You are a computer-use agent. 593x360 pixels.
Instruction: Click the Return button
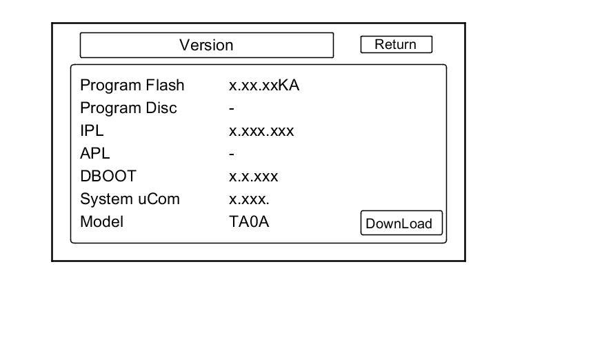pyautogui.click(x=396, y=45)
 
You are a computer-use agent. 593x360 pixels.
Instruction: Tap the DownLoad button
pyautogui.click(x=401, y=223)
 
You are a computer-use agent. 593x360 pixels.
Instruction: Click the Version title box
pyautogui.click(x=206, y=46)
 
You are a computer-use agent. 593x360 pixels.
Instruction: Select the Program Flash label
pyautogui.click(x=132, y=86)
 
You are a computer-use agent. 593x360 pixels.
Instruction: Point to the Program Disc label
pyautogui.click(x=128, y=108)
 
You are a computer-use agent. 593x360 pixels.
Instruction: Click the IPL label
pyautogui.click(x=92, y=131)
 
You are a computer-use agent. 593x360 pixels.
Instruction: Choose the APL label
pyautogui.click(x=94, y=154)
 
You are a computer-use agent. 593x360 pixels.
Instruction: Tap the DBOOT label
pyautogui.click(x=108, y=177)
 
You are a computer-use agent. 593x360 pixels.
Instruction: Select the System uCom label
pyautogui.click(x=130, y=199)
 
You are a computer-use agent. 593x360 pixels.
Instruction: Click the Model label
pyautogui.click(x=101, y=222)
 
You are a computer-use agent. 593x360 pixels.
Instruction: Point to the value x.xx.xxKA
pyautogui.click(x=264, y=86)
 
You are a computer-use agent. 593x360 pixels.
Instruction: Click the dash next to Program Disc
pyautogui.click(x=232, y=109)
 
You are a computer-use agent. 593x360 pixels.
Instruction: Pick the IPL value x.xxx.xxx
pyautogui.click(x=261, y=131)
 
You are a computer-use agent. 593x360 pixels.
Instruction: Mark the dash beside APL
pyautogui.click(x=232, y=154)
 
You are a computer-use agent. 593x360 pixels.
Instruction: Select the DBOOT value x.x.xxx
pyautogui.click(x=253, y=177)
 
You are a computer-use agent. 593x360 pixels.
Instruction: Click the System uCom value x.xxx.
pyautogui.click(x=249, y=199)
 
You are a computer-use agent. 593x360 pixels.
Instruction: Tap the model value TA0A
pyautogui.click(x=249, y=222)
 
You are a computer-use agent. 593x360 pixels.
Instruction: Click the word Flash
pyautogui.click(x=165, y=86)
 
